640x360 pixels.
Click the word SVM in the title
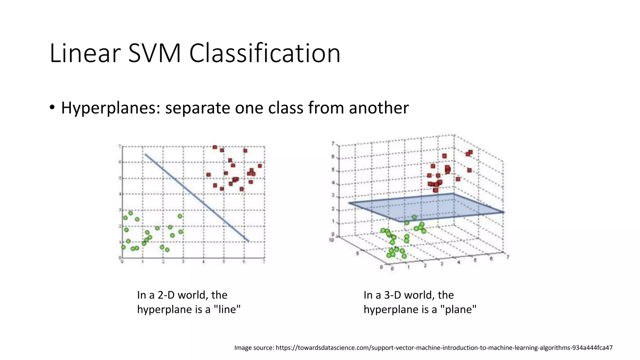tap(154, 53)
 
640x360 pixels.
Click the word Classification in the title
tap(264, 53)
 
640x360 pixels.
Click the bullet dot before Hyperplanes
tap(52, 107)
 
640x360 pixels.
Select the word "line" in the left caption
tap(227, 309)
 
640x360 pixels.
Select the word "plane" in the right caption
tap(458, 309)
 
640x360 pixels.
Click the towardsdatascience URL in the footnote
tap(444, 347)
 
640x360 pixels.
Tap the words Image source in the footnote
tap(254, 347)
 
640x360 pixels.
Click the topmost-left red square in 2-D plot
tap(215, 147)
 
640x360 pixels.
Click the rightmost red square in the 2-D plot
tap(260, 166)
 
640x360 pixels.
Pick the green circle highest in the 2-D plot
tap(131, 213)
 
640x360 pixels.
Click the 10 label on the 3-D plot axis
tap(332, 240)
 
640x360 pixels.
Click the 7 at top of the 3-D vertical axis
tap(333, 143)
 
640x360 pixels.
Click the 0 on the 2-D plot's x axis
tap(122, 261)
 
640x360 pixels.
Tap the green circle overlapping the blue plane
tap(414, 217)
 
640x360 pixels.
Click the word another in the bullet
tap(378, 108)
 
